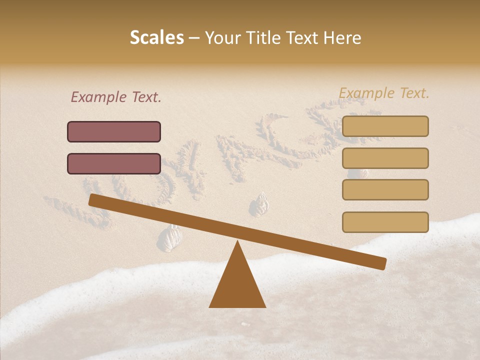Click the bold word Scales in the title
156,38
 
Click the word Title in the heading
264,38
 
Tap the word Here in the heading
342,38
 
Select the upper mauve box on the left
114,131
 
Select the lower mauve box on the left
114,163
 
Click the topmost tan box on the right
385,126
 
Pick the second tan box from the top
385,158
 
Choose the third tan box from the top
385,190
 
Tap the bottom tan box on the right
385,222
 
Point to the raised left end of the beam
93,200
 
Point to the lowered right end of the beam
382,263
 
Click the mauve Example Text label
116,97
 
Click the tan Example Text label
384,93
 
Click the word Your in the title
223,38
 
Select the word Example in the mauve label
99,97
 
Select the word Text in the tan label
413,93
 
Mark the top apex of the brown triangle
237,242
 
